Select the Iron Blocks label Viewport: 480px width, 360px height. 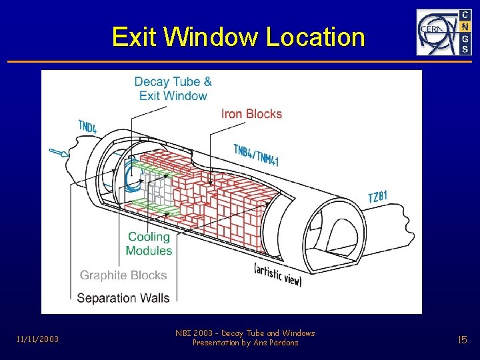point(251,114)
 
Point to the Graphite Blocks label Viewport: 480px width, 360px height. point(123,275)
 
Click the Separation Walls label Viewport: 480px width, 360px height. point(123,298)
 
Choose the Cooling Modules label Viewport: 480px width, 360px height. point(149,244)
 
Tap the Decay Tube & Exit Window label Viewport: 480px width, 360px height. point(173,89)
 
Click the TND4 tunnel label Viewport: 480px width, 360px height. point(87,126)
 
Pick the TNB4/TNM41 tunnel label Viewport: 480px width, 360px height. point(256,155)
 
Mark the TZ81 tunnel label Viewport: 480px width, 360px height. point(377,197)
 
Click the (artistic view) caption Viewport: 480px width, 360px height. point(278,274)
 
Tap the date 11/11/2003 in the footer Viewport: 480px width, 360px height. point(37,339)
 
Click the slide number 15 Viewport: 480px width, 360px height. point(462,340)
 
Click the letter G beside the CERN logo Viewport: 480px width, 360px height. point(465,38)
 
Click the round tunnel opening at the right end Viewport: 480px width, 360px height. point(337,230)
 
